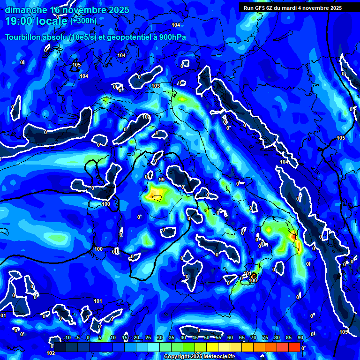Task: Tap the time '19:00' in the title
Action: tap(19, 21)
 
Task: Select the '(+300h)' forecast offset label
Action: tap(83, 21)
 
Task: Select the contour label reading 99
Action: tap(161, 180)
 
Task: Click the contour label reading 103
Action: tap(156, 86)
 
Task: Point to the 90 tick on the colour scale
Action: tap(300, 338)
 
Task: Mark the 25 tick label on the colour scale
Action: tap(148, 338)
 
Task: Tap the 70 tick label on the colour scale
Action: tap(253, 338)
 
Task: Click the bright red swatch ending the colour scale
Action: tap(294, 347)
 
